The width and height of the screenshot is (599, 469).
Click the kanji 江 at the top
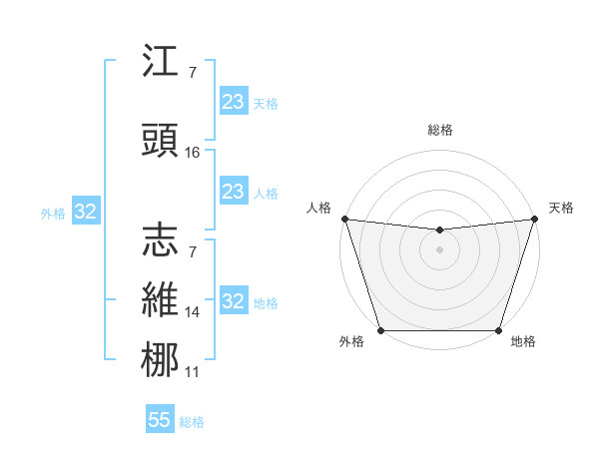point(161,63)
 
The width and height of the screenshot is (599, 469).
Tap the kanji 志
point(161,239)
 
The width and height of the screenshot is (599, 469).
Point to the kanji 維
point(161,300)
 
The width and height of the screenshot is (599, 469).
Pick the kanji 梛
point(161,360)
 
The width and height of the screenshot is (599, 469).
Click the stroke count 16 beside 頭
point(193,153)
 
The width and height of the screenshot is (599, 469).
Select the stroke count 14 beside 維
point(193,312)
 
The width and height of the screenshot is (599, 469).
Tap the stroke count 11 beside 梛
point(193,372)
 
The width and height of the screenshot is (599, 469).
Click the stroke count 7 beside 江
point(192,73)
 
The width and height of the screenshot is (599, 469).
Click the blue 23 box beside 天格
point(234,102)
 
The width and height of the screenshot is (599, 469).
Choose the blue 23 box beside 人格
point(234,192)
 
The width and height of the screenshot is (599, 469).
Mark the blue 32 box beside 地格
point(234,301)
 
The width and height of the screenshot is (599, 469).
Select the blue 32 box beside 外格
point(85,212)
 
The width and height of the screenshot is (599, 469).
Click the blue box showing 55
point(160,420)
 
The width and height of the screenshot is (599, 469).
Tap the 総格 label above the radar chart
point(439,130)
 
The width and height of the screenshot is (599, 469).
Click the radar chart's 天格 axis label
point(561,208)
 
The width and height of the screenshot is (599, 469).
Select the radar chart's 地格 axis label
point(523,342)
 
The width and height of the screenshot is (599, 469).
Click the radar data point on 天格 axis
point(535,219)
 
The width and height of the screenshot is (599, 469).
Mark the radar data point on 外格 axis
point(380,330)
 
